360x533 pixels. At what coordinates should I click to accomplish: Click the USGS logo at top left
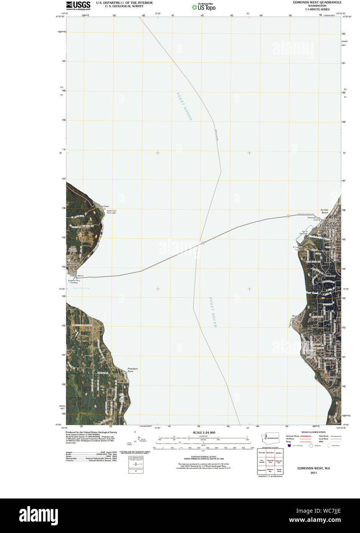[78, 5]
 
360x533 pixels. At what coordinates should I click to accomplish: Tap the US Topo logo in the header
[203, 7]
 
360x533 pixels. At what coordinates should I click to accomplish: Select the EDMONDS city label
[329, 226]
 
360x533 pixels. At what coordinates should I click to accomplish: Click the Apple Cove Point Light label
[112, 212]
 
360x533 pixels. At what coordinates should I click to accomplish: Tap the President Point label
[133, 370]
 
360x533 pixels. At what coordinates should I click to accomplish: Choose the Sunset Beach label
[324, 211]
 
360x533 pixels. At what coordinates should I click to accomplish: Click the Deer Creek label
[312, 293]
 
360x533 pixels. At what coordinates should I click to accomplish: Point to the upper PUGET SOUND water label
[184, 106]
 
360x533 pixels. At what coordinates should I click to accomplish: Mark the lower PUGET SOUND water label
[212, 312]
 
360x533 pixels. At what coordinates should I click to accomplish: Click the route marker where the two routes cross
[203, 243]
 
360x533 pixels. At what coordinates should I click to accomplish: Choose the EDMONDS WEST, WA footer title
[314, 468]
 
